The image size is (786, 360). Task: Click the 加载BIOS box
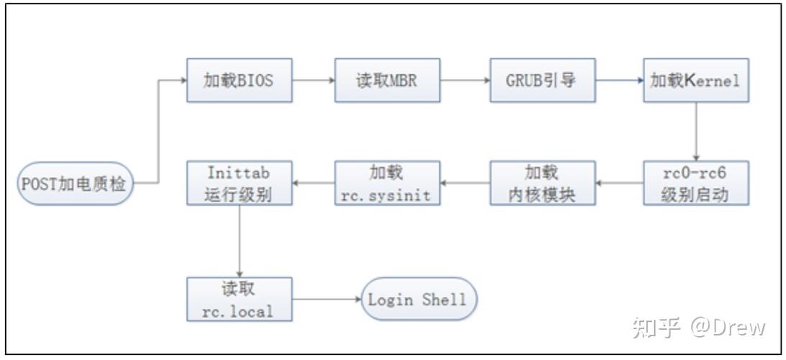(x=240, y=80)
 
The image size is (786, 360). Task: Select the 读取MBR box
(x=387, y=80)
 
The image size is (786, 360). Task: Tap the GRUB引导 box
(x=542, y=80)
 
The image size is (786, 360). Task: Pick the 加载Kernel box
(x=695, y=80)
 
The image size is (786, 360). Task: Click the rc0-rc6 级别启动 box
(x=695, y=183)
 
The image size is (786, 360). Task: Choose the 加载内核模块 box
(x=542, y=183)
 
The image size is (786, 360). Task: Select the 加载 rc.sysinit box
(x=387, y=183)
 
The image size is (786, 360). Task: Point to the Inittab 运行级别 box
(x=240, y=183)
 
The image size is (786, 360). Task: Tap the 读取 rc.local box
(x=240, y=299)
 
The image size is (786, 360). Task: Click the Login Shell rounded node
(x=418, y=299)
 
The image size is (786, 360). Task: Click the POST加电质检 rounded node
(x=75, y=183)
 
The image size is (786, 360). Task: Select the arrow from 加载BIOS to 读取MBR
(x=314, y=80)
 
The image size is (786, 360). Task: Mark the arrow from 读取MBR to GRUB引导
(x=464, y=80)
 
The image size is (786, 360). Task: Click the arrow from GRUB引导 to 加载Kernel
(x=619, y=80)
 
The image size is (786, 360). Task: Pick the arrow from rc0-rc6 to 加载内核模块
(x=619, y=183)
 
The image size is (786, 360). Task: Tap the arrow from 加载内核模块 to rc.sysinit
(x=464, y=183)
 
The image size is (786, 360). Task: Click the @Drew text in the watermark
(x=728, y=328)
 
